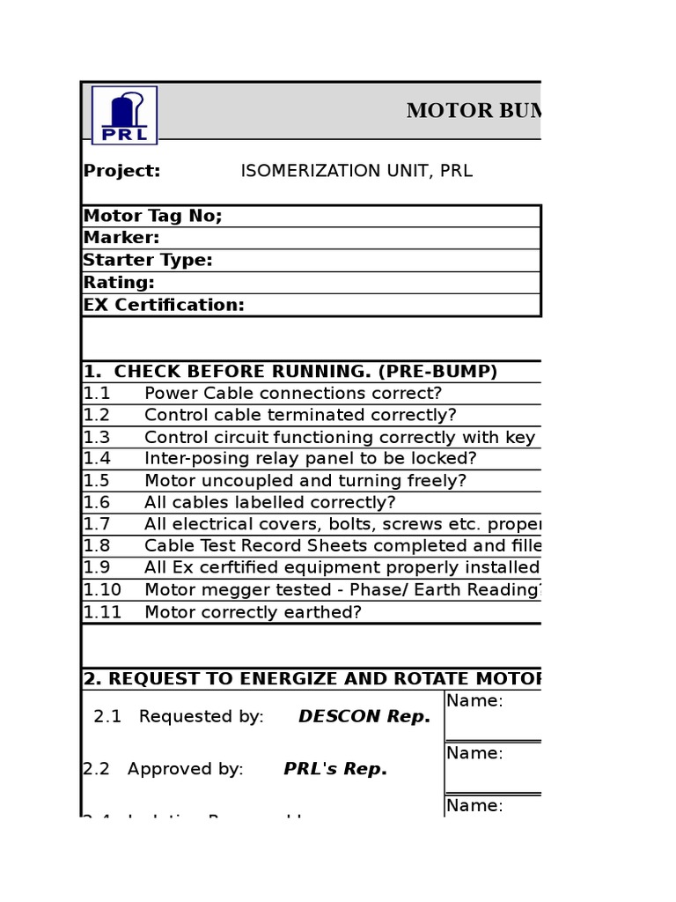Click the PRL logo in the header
(124, 115)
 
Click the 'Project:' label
(121, 171)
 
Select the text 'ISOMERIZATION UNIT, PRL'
(356, 171)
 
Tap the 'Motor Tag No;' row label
(152, 217)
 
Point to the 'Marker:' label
(121, 238)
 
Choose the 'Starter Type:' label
(148, 261)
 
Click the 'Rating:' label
(119, 283)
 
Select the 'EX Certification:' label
(164, 306)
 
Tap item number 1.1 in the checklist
(97, 394)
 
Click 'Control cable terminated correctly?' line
(300, 415)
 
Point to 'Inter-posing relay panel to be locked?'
(310, 459)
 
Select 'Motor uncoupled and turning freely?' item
(305, 481)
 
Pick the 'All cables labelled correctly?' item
(270, 503)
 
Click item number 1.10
(102, 590)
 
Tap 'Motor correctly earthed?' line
(253, 612)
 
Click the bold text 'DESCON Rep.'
(364, 717)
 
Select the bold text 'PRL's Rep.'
(335, 769)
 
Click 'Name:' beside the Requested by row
(474, 701)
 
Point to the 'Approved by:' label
(185, 769)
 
